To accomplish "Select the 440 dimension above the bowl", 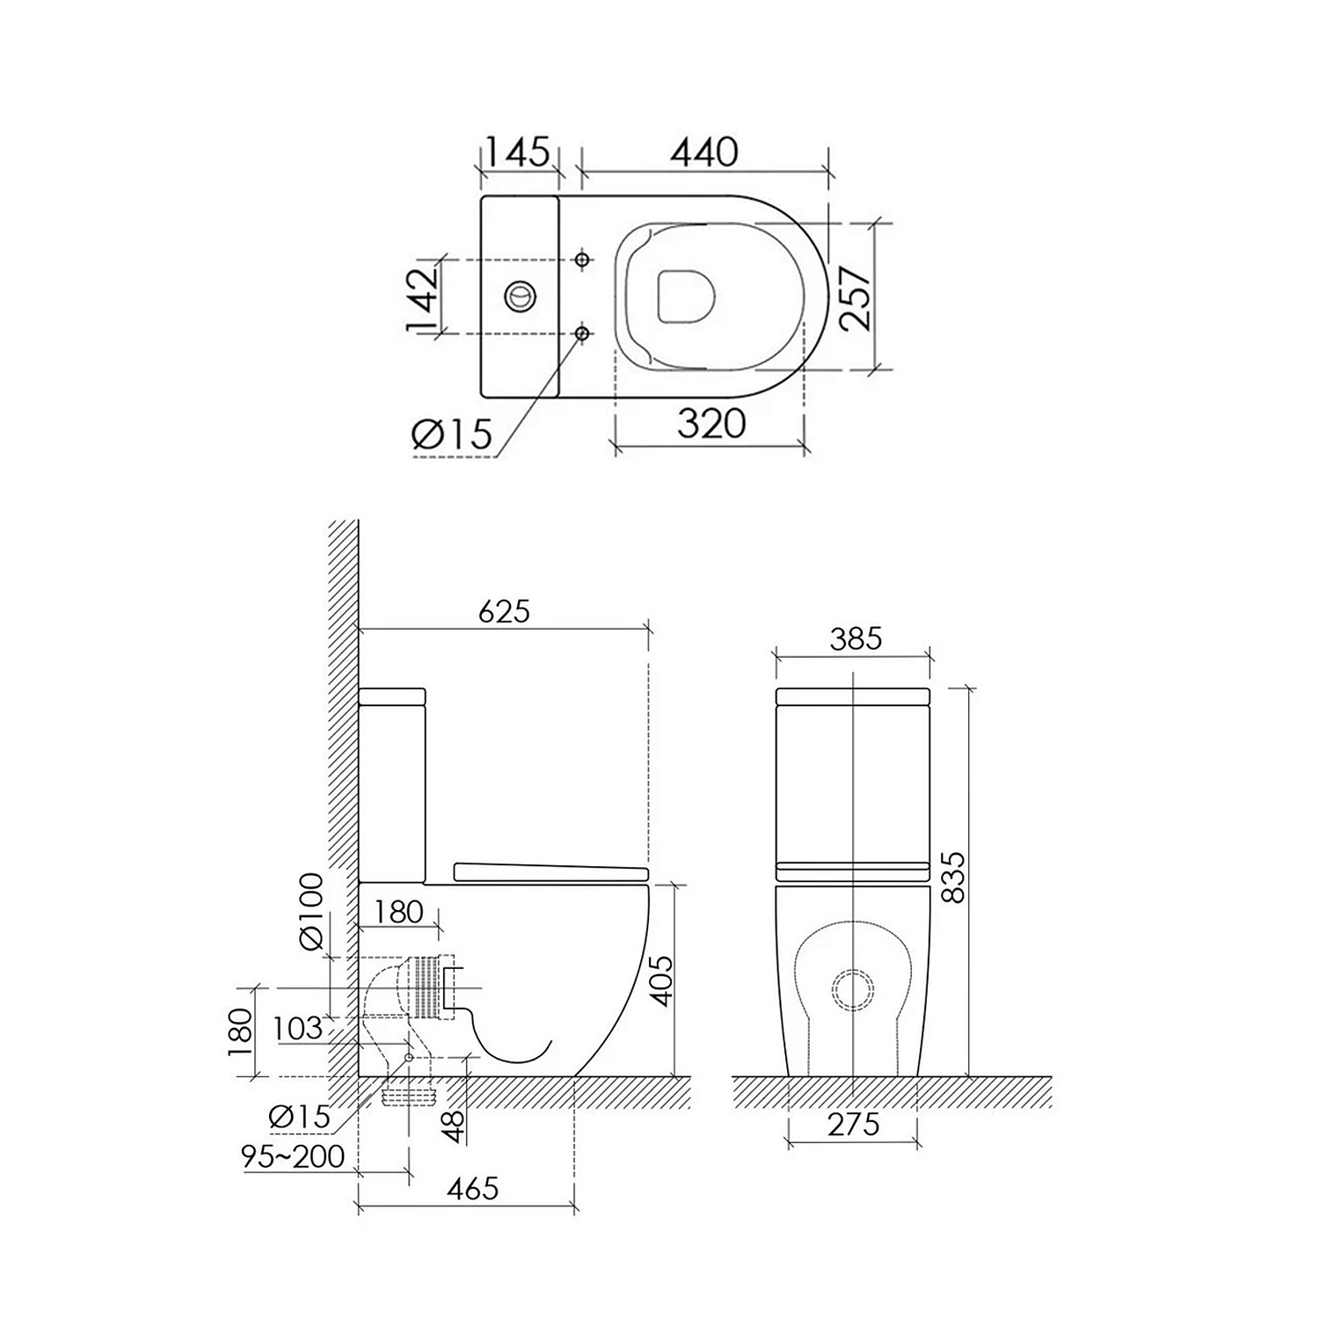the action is pyautogui.click(x=704, y=152).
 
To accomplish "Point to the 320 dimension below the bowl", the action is pyautogui.click(x=711, y=424).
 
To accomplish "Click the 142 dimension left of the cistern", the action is pyautogui.click(x=422, y=299).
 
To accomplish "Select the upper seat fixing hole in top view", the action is pyautogui.click(x=582, y=259).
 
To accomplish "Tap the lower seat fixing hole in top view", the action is pyautogui.click(x=582, y=332).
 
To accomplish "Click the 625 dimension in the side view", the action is pyautogui.click(x=505, y=610).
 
